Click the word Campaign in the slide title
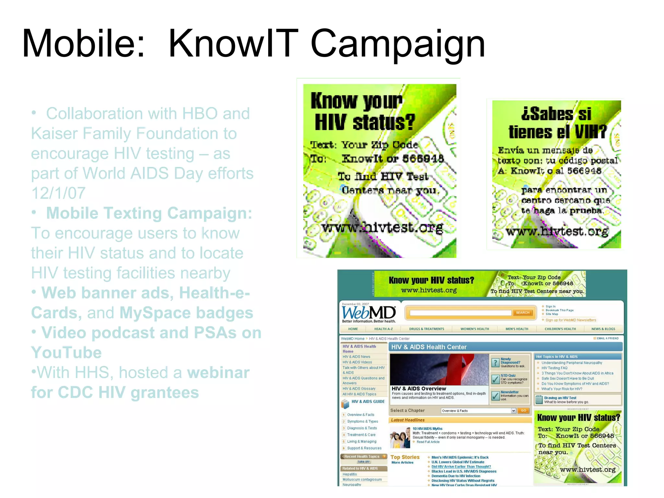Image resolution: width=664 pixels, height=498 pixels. pos(398,44)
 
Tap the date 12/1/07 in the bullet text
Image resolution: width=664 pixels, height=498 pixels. pos(58,193)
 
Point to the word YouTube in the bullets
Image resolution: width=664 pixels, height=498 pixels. pos(66,352)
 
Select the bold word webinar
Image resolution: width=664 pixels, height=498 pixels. pos(218,373)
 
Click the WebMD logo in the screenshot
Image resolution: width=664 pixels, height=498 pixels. pos(369,313)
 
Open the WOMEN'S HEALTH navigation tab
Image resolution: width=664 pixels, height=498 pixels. pos(475,329)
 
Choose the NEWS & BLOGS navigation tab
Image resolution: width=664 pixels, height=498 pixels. pos(603,329)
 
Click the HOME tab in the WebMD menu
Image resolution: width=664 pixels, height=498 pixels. pos(353,329)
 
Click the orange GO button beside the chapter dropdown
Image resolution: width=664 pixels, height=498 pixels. pos(523,410)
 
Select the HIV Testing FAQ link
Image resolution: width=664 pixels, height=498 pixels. pos(554,368)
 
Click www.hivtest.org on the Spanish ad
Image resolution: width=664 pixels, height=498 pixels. pos(557,231)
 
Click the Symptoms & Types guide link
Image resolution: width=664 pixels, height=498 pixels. pos(362,421)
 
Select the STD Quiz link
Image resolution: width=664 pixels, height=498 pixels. pos(508,375)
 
